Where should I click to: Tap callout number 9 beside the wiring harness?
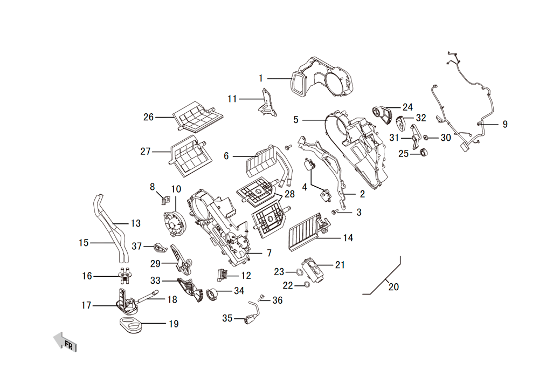coord(505,124)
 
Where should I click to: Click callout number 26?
coord(149,117)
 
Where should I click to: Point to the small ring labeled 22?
coord(306,285)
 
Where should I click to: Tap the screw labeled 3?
coord(335,212)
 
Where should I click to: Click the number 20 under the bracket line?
coord(393,287)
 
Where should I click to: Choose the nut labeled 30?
coord(426,138)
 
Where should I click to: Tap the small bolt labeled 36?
coord(262,297)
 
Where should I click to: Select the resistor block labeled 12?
coord(222,275)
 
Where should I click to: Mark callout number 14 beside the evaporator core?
coord(348,237)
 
